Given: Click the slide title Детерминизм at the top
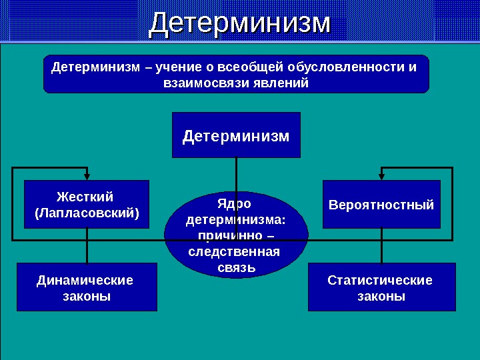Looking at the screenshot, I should point(240,23).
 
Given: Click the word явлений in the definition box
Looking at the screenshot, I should point(280,83).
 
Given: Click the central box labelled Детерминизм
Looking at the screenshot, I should point(236,135).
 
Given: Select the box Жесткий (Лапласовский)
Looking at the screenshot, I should point(86,205).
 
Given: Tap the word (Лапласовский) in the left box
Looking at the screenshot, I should point(86,213).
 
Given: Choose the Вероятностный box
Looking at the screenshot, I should point(381,205).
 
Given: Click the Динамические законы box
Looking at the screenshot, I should point(86,287).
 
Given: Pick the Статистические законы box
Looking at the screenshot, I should point(381,287).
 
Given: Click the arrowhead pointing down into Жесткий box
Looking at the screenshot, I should point(87,176).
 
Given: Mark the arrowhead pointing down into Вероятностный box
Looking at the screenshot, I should point(381,176).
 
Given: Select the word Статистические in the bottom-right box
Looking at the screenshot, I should point(380,280).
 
